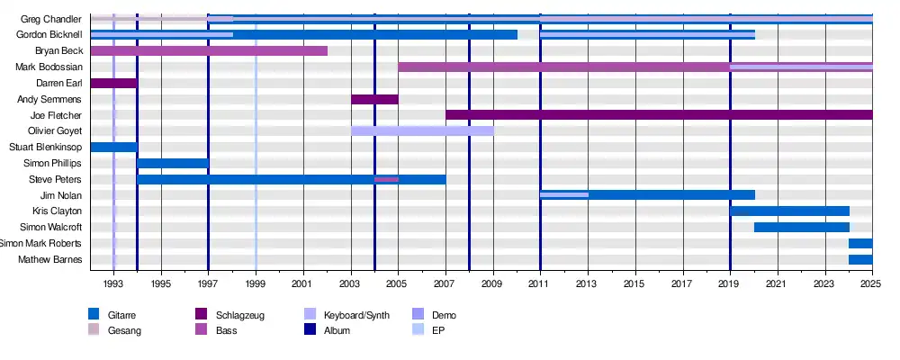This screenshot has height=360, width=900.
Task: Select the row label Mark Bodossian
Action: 49,67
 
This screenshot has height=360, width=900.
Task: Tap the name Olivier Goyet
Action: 56,131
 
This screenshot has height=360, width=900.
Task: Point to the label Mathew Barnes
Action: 50,261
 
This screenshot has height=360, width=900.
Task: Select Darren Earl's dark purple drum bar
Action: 113,84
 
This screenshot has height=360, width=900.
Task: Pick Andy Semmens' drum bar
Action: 374,100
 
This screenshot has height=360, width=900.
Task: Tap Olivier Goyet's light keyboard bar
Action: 422,131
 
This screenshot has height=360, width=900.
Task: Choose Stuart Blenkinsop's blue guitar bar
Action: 113,148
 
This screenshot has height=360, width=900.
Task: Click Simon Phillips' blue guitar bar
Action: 173,164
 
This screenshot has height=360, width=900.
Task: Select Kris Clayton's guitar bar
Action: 789,211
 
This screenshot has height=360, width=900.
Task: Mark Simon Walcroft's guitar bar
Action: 801,228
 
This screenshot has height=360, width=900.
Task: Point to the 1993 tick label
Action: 113,284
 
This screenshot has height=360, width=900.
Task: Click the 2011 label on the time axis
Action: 540,284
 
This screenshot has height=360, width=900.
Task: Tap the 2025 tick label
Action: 870,284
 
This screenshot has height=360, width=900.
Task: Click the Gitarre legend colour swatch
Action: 93,314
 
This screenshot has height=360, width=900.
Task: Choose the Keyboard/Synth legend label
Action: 356,315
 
